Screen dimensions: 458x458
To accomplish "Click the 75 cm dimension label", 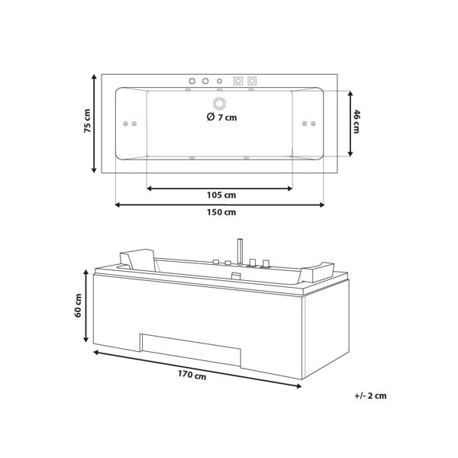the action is pos(87,121).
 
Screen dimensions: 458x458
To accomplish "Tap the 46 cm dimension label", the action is pos(356,121).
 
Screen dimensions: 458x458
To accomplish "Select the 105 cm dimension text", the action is pos(221,195).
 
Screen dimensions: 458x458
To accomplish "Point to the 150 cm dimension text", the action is pos(221,212).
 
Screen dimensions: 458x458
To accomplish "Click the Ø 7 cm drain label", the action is pos(221,117).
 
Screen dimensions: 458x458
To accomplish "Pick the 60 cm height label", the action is pos(78,305).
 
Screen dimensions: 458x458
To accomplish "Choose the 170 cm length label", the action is pos(192,375).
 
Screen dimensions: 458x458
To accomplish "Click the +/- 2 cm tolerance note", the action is pos(370,395).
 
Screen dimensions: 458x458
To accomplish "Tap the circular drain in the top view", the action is pos(219,103).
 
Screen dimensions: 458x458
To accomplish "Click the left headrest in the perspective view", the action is pos(137,259).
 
